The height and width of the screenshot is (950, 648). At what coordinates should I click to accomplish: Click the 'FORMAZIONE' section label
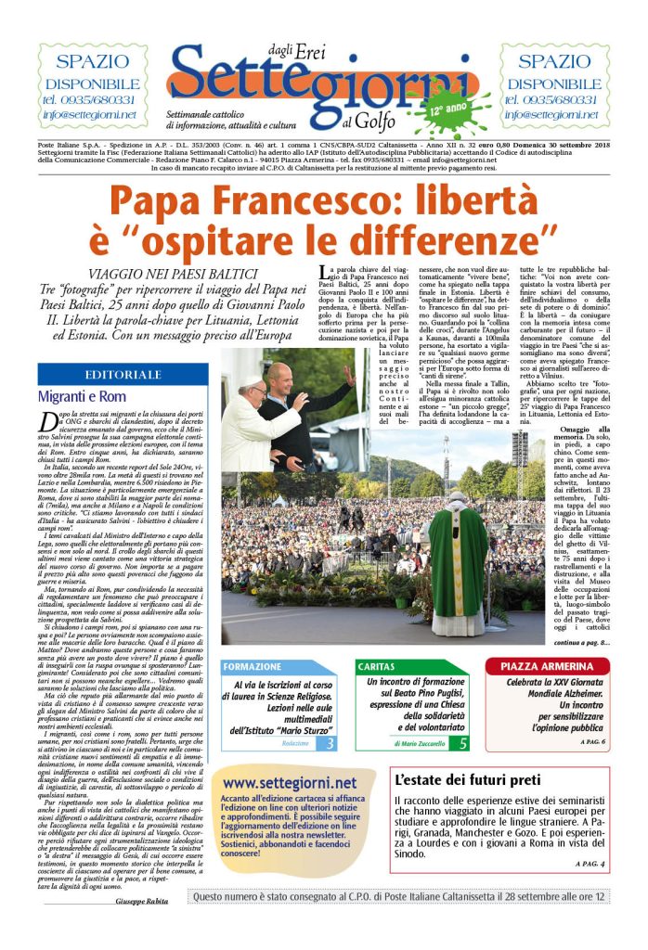click(253, 666)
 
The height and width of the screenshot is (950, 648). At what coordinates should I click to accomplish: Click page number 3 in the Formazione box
click(331, 743)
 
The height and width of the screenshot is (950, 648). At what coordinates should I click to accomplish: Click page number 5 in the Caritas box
click(464, 743)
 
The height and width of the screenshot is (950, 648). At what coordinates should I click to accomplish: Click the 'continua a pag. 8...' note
click(581, 642)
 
